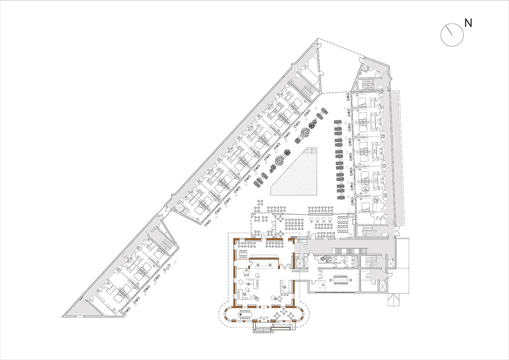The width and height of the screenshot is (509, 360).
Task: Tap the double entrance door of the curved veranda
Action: [263, 320]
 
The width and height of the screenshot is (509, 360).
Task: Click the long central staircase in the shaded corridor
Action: [350, 251]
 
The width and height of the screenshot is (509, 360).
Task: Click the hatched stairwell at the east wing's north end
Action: [366, 84]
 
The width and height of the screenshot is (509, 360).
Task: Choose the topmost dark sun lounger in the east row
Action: [338, 122]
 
